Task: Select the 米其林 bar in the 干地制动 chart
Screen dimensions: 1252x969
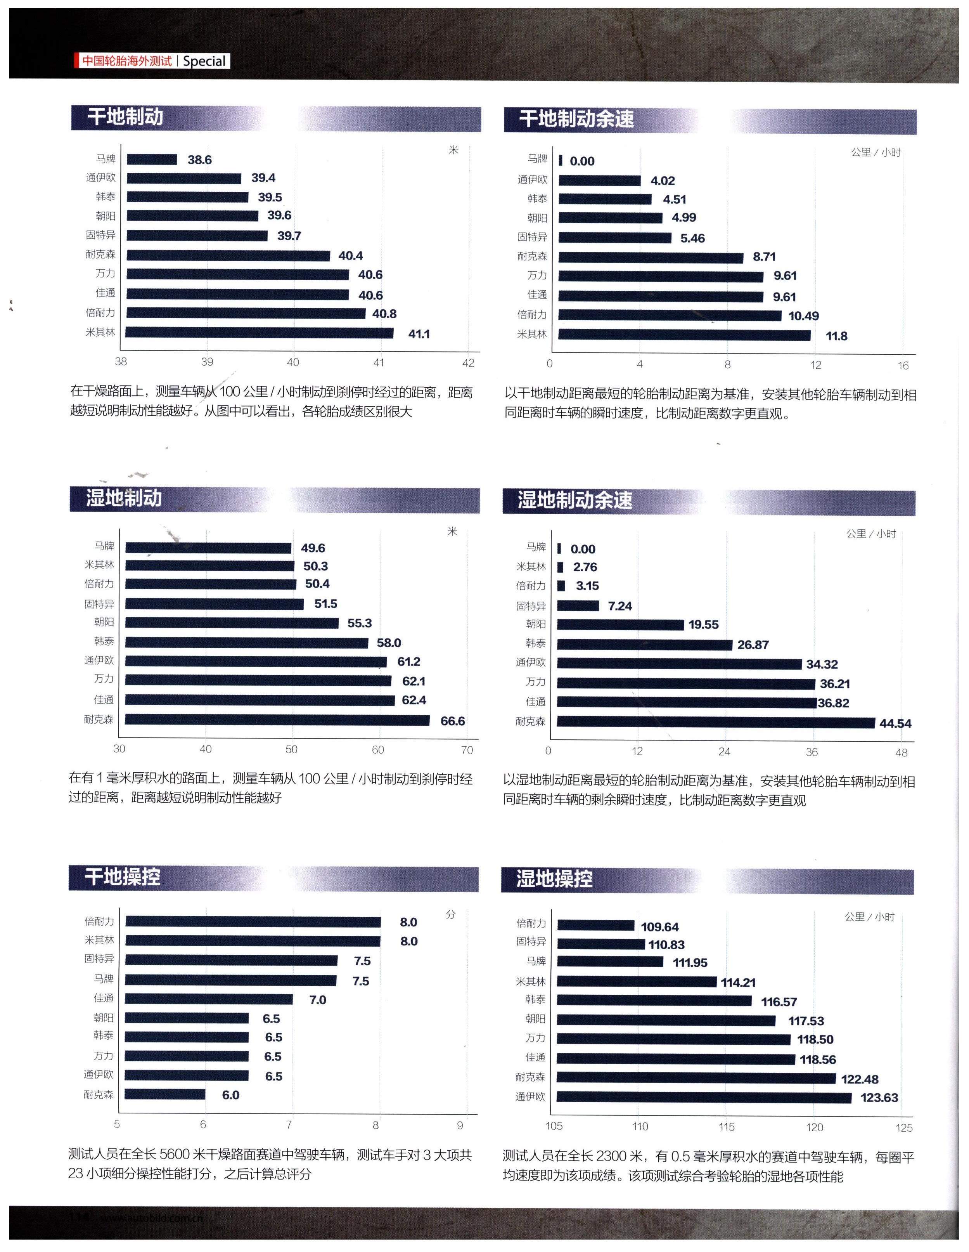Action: (x=259, y=333)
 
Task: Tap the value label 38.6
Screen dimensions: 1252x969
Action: (x=199, y=160)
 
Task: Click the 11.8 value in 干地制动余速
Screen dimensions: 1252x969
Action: (x=836, y=336)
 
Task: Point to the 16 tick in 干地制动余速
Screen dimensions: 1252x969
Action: (x=903, y=366)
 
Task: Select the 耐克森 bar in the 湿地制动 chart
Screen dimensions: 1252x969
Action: (x=277, y=720)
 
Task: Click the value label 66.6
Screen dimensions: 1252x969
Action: (x=452, y=721)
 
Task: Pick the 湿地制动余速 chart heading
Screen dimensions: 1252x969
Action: (x=575, y=500)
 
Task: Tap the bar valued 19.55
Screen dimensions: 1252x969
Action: (x=621, y=625)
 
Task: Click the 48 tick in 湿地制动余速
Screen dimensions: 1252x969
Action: (x=902, y=753)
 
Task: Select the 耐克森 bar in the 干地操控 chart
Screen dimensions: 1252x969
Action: (x=165, y=1094)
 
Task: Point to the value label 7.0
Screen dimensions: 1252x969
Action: (x=317, y=1000)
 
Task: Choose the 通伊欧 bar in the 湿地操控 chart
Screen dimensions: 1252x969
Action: (x=704, y=1097)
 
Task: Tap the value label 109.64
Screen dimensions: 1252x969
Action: (x=659, y=927)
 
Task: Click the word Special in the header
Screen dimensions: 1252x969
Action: (x=204, y=61)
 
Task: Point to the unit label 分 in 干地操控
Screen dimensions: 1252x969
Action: (x=450, y=915)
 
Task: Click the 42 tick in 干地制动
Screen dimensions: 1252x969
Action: (x=468, y=363)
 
